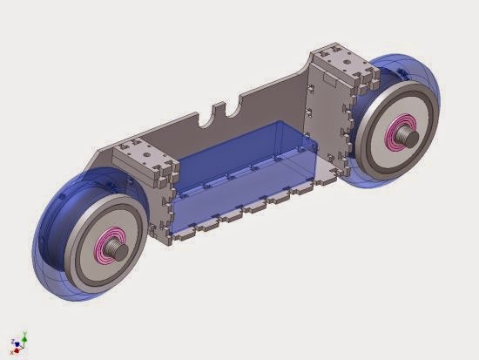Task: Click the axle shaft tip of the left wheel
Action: pos(121,251)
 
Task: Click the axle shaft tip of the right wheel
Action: pos(408,135)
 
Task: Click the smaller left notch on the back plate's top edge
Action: pos(202,116)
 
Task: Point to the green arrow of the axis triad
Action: pos(25,335)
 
